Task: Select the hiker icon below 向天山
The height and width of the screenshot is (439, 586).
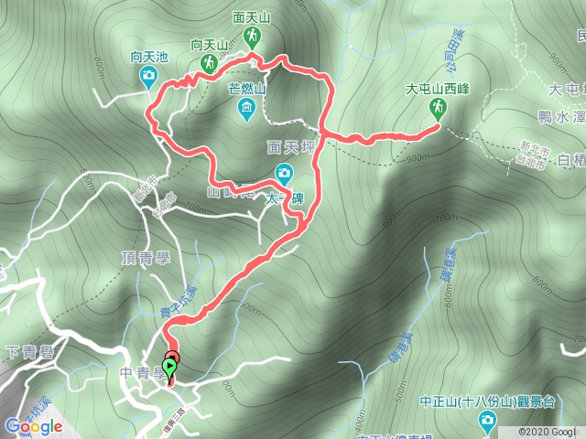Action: [208, 63]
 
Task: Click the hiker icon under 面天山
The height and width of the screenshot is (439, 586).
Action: [250, 37]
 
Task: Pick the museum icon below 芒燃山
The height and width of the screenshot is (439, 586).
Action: [245, 112]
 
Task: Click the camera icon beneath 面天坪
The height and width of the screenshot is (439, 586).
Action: [284, 172]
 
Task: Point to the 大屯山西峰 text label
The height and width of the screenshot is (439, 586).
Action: [439, 90]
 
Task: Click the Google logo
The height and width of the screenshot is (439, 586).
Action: [33, 425]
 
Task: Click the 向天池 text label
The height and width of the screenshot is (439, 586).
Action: [149, 58]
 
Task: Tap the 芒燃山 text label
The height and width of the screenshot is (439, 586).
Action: [246, 90]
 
